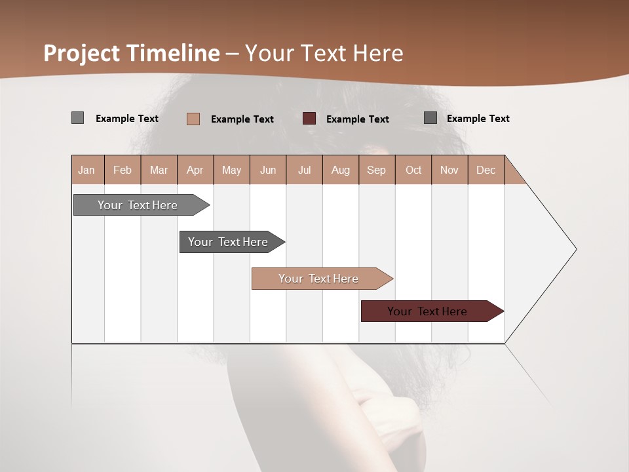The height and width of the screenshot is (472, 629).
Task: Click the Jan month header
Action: click(86, 170)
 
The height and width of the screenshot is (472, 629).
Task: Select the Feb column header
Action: click(123, 170)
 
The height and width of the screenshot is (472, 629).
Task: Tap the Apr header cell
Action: click(195, 170)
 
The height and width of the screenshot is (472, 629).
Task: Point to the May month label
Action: click(231, 170)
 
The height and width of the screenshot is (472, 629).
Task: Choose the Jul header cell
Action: click(304, 170)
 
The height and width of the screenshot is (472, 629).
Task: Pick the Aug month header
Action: click(340, 170)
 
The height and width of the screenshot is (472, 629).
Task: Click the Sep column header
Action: click(376, 170)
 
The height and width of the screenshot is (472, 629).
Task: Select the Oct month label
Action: click(413, 170)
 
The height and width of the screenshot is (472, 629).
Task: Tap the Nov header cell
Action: click(449, 170)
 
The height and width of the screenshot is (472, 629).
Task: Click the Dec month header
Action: click(486, 170)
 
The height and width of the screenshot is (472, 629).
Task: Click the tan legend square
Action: click(193, 119)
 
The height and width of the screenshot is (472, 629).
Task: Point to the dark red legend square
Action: click(309, 119)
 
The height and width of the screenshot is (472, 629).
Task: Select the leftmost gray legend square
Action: click(77, 118)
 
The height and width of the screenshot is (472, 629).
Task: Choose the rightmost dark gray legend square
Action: click(430, 118)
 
